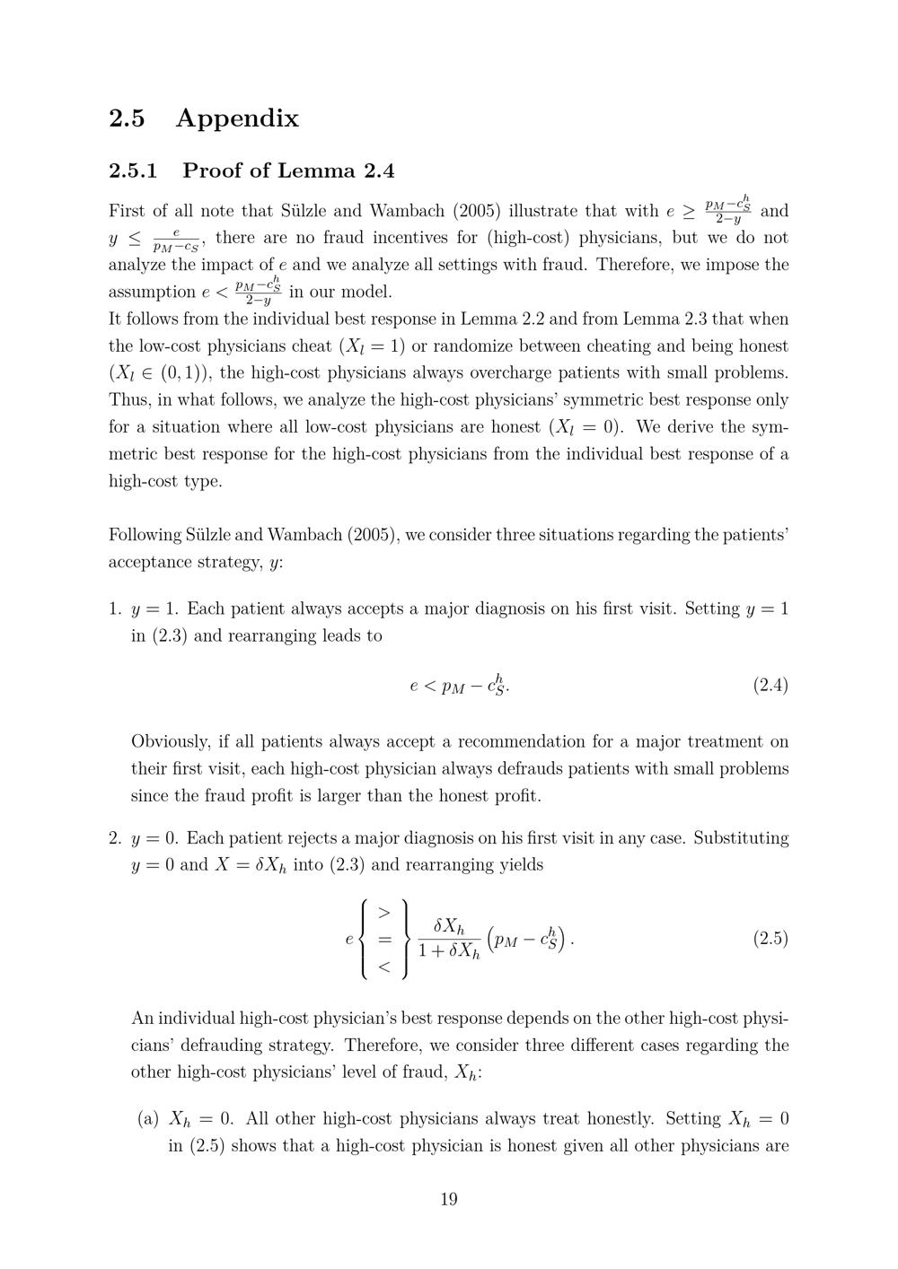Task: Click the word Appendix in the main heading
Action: tap(237, 118)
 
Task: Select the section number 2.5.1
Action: tap(133, 171)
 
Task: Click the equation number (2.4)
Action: tap(770, 686)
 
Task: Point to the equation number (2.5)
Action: tap(770, 939)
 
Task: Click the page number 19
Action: tap(449, 1199)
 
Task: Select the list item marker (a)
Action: tap(148, 1119)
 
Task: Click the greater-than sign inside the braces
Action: tap(383, 913)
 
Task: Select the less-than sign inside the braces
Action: tap(383, 967)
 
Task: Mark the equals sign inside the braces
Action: tap(383, 940)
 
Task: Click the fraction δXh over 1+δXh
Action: tap(449, 939)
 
